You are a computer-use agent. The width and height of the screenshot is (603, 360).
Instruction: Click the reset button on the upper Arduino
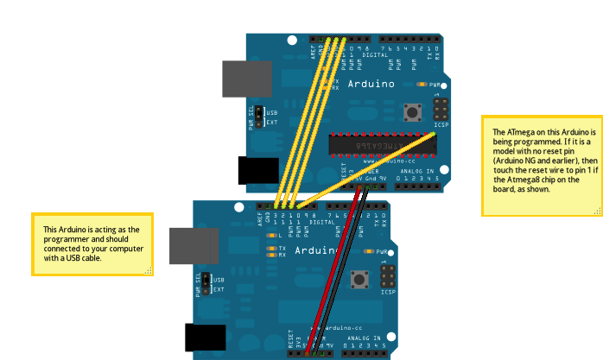coord(412,111)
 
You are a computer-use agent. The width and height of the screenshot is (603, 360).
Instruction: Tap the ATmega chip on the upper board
coord(380,146)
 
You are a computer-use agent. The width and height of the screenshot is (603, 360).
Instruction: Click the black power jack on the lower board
coord(205,338)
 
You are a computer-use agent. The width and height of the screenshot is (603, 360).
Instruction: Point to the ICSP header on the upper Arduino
coord(441,110)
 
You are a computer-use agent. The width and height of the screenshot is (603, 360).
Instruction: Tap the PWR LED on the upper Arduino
coord(422,85)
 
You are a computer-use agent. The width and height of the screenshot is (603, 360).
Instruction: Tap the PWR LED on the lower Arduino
coord(369,251)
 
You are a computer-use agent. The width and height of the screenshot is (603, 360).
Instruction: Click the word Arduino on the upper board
coord(371,85)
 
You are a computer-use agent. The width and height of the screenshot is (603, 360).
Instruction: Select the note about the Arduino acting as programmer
coord(92,244)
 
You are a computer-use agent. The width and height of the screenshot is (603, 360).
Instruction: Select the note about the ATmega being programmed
coord(541,166)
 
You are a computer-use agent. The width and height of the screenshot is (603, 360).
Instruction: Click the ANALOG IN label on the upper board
coord(419,172)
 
